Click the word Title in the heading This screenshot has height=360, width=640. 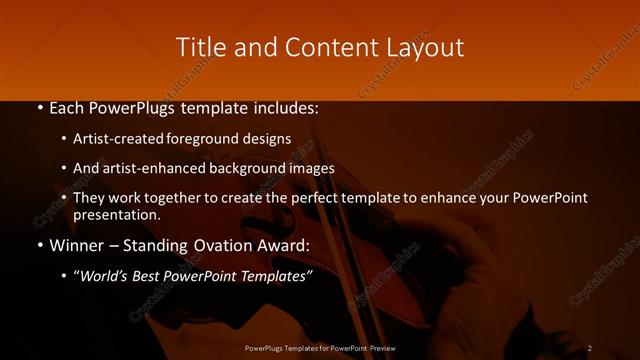pos(200,47)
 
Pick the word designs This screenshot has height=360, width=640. pos(269,139)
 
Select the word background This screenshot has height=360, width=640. pos(253,168)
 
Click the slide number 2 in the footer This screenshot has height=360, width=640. pos(590,348)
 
